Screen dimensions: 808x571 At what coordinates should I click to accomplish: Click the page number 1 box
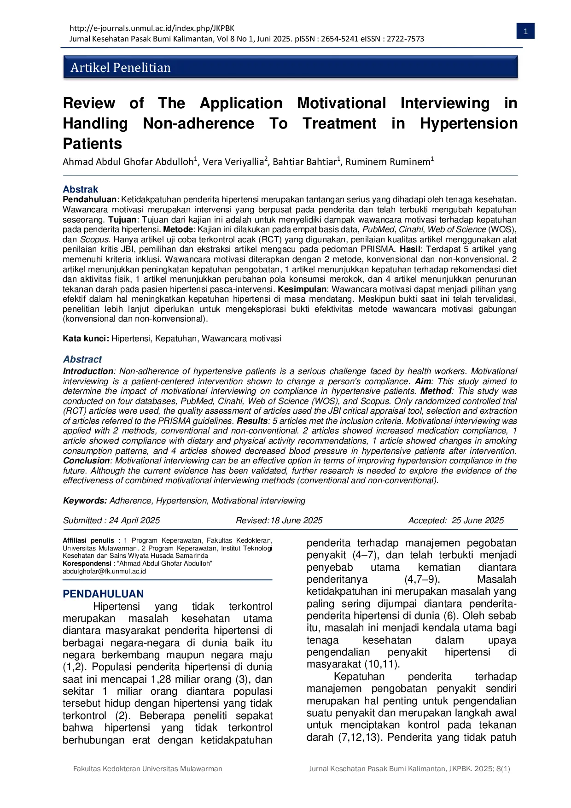tap(525, 31)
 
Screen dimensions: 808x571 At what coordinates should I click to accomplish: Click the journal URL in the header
tap(151, 28)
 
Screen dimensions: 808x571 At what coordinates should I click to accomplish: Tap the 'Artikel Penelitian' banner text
tap(121, 68)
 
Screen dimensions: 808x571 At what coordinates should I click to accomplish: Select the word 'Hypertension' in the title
tap(468, 123)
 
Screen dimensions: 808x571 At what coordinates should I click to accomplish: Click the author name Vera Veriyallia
tap(233, 162)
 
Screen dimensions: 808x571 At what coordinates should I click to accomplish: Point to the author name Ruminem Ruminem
tap(388, 162)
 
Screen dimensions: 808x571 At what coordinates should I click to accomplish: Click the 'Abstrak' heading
tap(81, 189)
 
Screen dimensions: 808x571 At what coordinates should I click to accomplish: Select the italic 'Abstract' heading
tap(82, 359)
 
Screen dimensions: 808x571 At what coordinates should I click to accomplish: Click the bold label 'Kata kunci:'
tap(86, 339)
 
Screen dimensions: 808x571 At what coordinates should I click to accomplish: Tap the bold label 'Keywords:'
tap(85, 501)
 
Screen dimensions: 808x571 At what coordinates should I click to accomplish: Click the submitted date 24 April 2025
tap(134, 521)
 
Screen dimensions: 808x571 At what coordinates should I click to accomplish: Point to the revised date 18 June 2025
tap(296, 521)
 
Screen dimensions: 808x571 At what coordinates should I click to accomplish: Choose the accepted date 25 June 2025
tap(478, 521)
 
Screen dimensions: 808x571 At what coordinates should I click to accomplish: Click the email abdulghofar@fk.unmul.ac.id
tap(104, 571)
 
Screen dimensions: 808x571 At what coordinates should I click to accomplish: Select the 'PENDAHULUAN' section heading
tap(103, 594)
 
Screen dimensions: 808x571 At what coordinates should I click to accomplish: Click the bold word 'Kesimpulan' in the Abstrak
tap(302, 289)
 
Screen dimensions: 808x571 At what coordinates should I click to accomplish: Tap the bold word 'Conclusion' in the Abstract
tap(86, 461)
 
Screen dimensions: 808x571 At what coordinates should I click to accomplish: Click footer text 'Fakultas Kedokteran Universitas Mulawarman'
tap(147, 769)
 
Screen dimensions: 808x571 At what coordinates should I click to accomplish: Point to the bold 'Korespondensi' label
tap(87, 563)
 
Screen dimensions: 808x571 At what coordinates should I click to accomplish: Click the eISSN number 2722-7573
tap(405, 39)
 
